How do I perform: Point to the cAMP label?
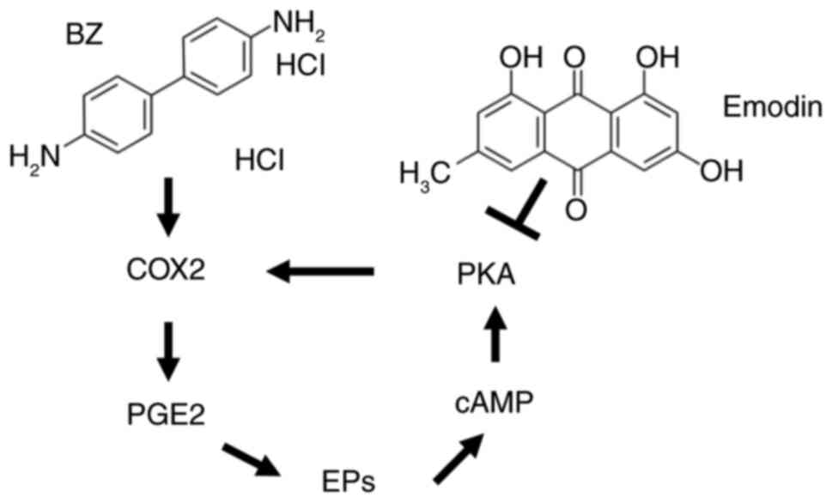(x=494, y=403)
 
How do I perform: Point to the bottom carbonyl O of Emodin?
(x=575, y=208)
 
